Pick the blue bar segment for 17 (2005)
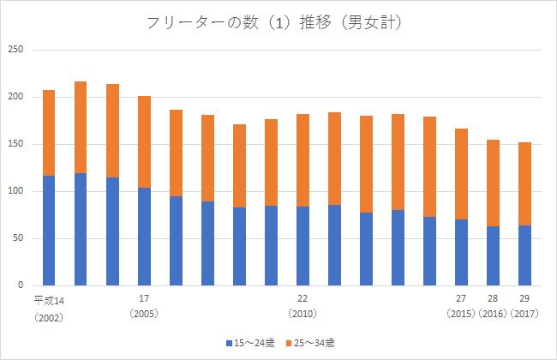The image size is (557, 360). (144, 236)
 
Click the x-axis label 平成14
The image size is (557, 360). (48, 299)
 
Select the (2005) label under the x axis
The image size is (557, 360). (144, 314)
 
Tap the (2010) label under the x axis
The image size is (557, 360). (302, 314)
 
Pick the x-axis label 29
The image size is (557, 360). (524, 299)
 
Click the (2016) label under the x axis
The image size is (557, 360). (493, 314)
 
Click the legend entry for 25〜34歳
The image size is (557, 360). (313, 343)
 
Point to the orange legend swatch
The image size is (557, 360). (289, 343)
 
